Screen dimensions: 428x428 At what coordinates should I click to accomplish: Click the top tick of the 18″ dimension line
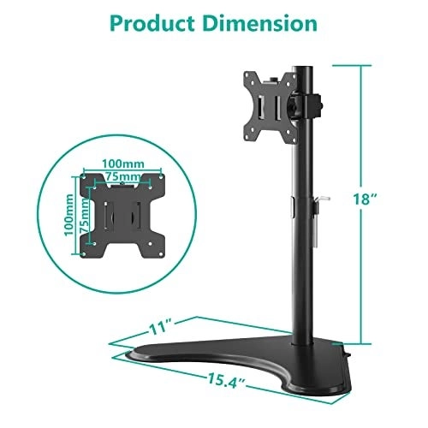[362, 67]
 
